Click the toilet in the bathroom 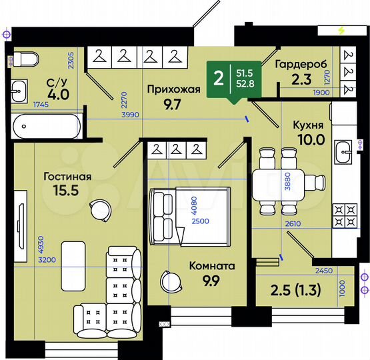pyautogui.click(x=26, y=60)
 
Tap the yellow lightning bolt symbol pyautogui.click(x=342, y=30)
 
